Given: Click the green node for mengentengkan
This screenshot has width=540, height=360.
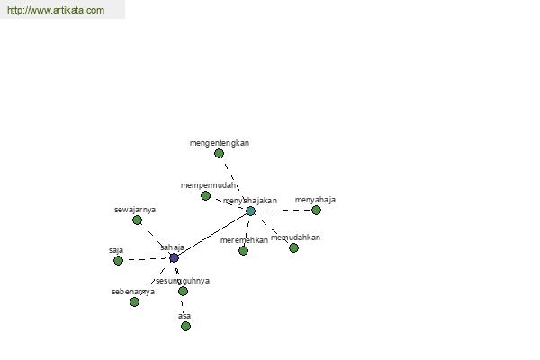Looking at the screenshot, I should (x=219, y=153).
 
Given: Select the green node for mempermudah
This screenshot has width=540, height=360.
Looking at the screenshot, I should (x=205, y=195).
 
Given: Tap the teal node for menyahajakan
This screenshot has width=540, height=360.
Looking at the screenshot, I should (x=250, y=211).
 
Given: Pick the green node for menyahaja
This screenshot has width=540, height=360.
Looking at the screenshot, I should (x=316, y=210).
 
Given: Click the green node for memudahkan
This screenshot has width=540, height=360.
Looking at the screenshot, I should (x=293, y=247).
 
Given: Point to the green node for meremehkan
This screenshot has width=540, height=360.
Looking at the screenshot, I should (x=243, y=250).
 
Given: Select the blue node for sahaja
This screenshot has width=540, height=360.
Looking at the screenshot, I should (x=174, y=257).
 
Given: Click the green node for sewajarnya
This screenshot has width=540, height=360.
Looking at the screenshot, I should (x=137, y=220).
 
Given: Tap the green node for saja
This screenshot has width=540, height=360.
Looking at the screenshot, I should (x=118, y=260).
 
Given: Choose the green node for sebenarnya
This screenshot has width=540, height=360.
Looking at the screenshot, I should (x=134, y=301).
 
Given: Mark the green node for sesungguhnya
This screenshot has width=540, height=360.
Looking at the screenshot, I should (x=183, y=291).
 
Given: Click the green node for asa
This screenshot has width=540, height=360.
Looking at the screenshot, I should (x=185, y=326).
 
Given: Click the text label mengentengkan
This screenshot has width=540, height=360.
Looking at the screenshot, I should (x=220, y=142).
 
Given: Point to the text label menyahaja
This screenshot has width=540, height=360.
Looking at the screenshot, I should (x=315, y=200).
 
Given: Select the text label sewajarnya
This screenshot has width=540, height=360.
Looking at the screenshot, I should (x=135, y=210).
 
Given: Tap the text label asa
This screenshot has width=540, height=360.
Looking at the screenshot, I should (x=184, y=316).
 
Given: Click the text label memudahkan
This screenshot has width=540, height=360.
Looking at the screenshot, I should (x=295, y=238).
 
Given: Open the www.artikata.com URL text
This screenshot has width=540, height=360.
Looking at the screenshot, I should (x=55, y=11).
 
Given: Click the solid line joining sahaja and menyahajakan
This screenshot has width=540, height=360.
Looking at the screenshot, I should (x=212, y=234).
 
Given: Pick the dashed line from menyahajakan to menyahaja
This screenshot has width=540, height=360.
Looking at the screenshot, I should (x=283, y=211).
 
